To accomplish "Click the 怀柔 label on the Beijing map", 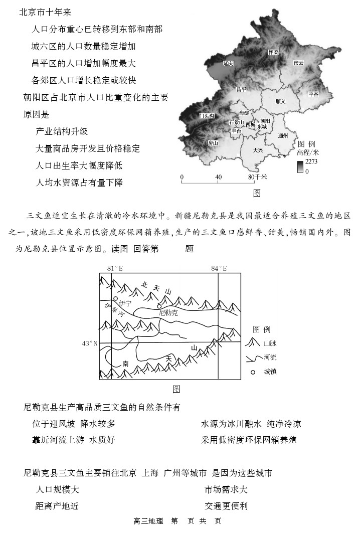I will (x=273, y=52).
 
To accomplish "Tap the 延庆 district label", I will (x=229, y=64).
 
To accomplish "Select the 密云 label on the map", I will (x=299, y=63).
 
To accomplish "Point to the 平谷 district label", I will (x=313, y=94).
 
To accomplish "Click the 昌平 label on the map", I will (x=242, y=89).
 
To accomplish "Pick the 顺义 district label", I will (x=280, y=101).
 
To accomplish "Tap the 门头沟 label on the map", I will (x=207, y=116).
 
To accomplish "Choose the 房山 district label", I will (x=213, y=143).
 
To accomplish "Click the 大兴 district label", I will (x=258, y=149).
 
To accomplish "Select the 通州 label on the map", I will (x=283, y=135).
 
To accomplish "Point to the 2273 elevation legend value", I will (x=311, y=161).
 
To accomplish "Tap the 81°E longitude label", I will (x=115, y=268).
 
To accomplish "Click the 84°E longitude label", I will (x=219, y=268).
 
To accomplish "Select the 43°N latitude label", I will (x=90, y=343).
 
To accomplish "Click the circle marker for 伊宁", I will (x=116, y=299).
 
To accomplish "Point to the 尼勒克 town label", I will (x=168, y=312).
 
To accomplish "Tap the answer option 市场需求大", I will (x=225, y=489).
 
